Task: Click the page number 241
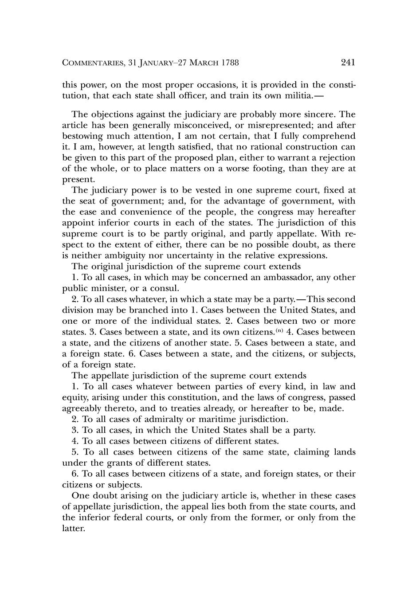point(348,63)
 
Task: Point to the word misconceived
point(206,126)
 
